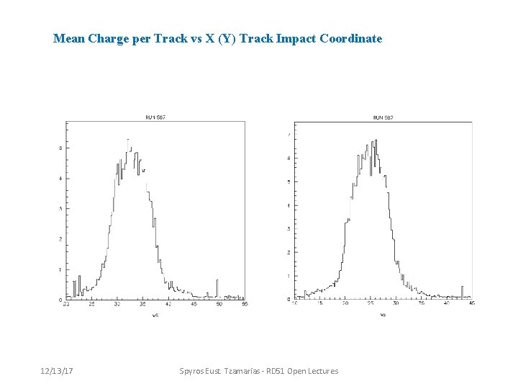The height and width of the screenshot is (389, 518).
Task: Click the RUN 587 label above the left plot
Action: point(155,117)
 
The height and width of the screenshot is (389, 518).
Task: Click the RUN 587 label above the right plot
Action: point(383,117)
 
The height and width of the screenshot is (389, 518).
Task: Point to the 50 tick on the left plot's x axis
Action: point(219,305)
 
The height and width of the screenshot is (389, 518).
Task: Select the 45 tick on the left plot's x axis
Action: point(194,305)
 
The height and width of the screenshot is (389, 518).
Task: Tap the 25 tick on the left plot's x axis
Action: point(91,305)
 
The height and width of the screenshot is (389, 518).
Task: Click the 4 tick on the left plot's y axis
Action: point(60,178)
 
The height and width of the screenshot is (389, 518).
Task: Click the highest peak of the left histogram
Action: point(128,140)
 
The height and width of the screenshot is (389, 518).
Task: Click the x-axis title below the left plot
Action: point(155,315)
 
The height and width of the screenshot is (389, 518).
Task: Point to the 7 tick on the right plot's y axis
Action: point(289,135)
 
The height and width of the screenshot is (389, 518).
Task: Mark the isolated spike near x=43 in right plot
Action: point(462,288)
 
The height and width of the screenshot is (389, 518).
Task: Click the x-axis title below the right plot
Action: point(383,315)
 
